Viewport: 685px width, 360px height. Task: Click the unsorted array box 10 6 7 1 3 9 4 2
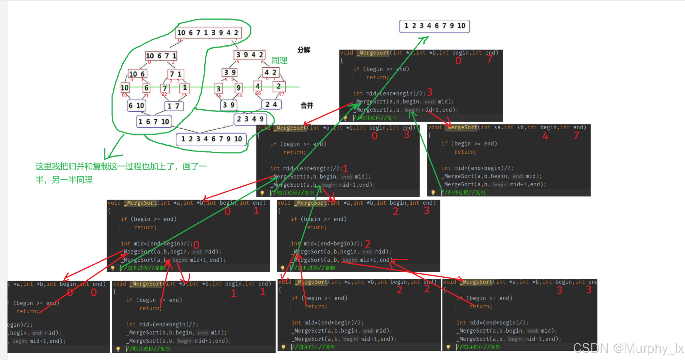[208, 33]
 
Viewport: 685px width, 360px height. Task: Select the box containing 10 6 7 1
[161, 56]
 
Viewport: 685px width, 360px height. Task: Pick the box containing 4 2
[270, 72]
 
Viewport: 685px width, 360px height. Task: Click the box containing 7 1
[176, 74]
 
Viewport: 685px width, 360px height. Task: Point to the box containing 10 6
[137, 74]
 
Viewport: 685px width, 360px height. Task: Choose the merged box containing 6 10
[136, 105]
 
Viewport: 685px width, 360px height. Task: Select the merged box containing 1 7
[173, 106]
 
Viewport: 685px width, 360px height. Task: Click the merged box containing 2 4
[271, 104]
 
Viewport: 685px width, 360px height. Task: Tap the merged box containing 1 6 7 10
[154, 122]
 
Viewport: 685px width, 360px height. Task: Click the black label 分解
[304, 50]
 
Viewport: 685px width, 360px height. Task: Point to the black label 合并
[307, 105]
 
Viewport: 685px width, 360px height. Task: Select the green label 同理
[279, 60]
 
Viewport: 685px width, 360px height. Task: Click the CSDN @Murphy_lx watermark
[628, 348]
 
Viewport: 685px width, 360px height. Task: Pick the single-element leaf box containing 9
[238, 88]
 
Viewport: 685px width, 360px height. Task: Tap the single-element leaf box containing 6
[146, 88]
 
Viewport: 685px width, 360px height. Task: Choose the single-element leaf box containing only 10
[125, 88]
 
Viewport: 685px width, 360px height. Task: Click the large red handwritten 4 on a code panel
[545, 136]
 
